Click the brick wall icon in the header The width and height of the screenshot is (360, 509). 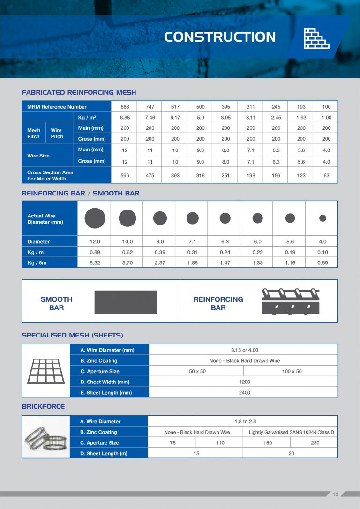[x=316, y=38]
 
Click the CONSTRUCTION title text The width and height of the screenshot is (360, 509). [x=220, y=37]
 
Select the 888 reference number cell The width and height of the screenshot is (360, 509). [x=125, y=107]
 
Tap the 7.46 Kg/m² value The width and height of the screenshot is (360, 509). [x=150, y=118]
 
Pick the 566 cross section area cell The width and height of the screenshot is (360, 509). [x=125, y=175]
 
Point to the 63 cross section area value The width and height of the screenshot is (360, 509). [x=326, y=175]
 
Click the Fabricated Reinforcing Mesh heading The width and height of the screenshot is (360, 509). [x=79, y=92]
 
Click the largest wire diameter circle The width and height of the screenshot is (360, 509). [x=95, y=218]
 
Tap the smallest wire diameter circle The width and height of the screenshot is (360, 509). [x=322, y=218]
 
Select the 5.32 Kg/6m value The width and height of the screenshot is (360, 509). [x=95, y=263]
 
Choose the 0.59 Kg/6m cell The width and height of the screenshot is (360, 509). [x=322, y=263]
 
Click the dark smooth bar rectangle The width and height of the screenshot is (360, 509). [x=126, y=302]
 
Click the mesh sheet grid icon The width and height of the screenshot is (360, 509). [x=46, y=371]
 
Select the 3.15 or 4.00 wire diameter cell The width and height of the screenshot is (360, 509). [x=244, y=350]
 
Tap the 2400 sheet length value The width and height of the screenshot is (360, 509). [x=244, y=393]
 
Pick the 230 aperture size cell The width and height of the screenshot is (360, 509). [x=315, y=443]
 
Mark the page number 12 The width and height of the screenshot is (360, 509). [x=335, y=494]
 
